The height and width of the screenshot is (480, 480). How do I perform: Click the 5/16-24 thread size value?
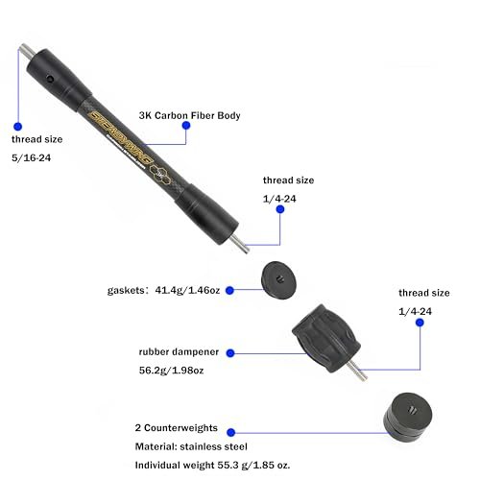pyautogui.click(x=31, y=157)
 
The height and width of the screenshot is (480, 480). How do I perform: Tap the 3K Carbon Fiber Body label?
pyautogui.click(x=189, y=115)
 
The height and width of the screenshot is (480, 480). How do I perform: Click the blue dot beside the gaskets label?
pyautogui.click(x=229, y=290)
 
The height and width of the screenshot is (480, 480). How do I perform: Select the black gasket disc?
pyautogui.click(x=278, y=280)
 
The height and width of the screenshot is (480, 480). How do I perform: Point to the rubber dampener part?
pyautogui.click(x=325, y=338)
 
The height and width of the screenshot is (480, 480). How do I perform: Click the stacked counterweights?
pyautogui.click(x=408, y=414)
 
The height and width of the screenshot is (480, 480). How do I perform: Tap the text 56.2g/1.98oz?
pyautogui.click(x=171, y=371)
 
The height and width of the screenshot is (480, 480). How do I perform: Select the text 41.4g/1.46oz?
pyautogui.click(x=187, y=290)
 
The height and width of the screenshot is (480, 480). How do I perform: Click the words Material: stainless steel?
pyautogui.click(x=191, y=446)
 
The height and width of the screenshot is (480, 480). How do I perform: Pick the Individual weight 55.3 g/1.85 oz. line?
pyautogui.click(x=212, y=465)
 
